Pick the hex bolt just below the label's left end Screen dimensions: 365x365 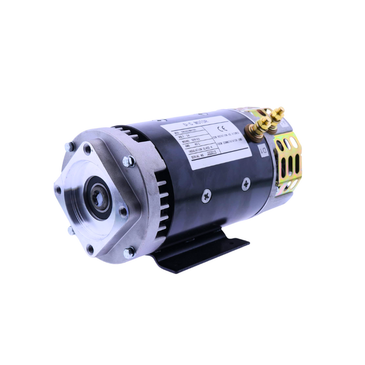point(129,161)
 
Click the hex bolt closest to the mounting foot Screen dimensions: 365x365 point(129,253)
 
